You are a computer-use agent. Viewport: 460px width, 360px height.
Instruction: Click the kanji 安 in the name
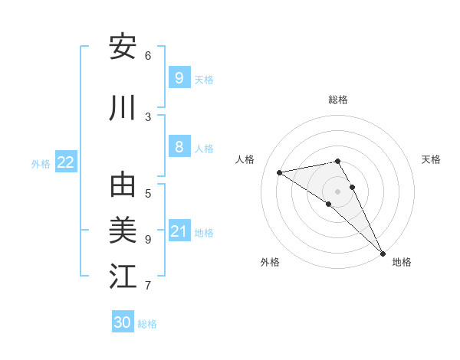[123, 47]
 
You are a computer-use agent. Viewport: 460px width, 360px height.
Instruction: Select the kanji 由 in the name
[123, 185]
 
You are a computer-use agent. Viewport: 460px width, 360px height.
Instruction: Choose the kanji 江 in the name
[123, 277]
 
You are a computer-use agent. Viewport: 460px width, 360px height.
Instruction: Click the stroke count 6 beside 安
[148, 55]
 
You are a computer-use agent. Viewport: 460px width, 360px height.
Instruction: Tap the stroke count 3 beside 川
[148, 116]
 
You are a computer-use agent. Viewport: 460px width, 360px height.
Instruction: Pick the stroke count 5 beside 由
[148, 193]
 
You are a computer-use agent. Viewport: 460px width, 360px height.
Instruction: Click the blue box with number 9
[179, 78]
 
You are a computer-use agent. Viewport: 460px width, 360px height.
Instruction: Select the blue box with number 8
[179, 147]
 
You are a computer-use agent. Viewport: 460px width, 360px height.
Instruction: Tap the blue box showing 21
[179, 231]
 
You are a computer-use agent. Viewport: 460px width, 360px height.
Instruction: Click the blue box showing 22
[66, 162]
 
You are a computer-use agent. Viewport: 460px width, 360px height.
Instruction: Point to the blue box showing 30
[123, 322]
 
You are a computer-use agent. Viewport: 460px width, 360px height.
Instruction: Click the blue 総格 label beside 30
[147, 324]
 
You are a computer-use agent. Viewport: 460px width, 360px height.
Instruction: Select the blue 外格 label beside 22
[41, 163]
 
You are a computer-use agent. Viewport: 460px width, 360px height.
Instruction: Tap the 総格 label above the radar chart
[338, 100]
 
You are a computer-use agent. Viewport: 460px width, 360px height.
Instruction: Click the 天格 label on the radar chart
[432, 159]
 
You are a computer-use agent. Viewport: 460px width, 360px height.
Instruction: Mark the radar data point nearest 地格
[383, 253]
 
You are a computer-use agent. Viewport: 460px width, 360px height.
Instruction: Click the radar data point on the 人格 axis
[280, 172]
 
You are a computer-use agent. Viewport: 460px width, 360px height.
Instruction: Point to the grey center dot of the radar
[338, 191]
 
